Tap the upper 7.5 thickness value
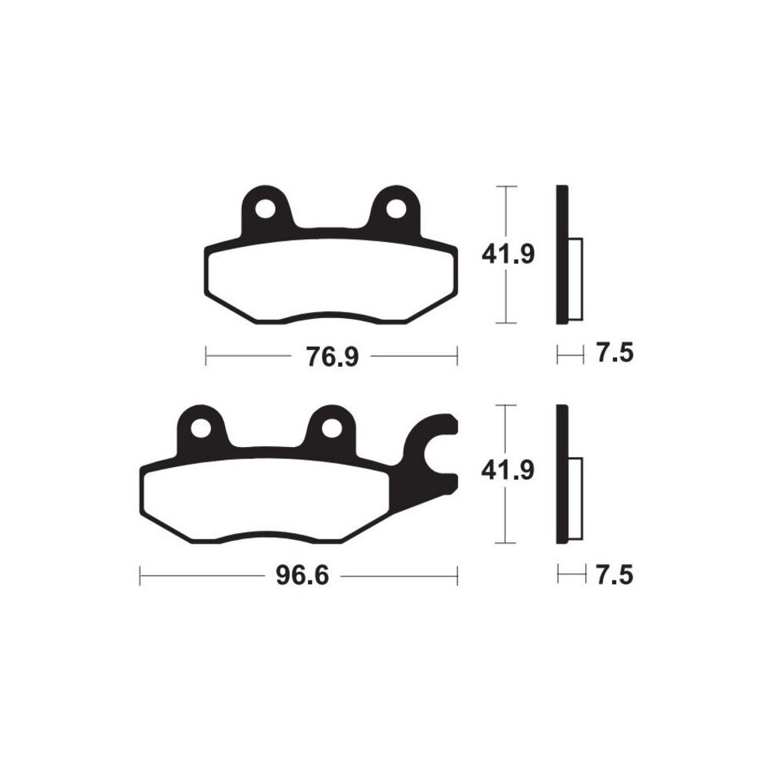point(615,354)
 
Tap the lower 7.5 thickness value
point(615,575)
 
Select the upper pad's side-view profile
point(563,255)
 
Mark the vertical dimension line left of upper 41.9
point(506,217)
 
